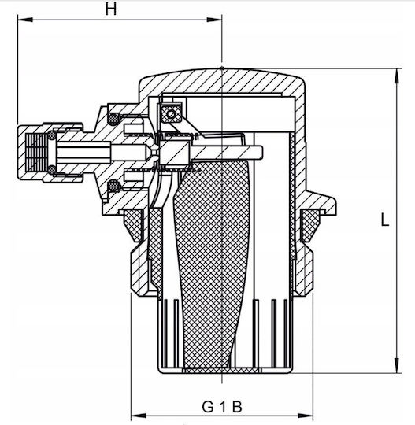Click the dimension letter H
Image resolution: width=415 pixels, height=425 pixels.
click(111, 9)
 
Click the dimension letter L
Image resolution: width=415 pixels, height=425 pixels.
click(385, 220)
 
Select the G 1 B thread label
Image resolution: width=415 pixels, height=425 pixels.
click(221, 407)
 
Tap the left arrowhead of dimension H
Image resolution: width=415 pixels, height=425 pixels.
click(25, 20)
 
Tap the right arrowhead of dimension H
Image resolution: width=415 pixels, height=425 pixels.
click(214, 20)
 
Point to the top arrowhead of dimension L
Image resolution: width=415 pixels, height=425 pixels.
click(397, 76)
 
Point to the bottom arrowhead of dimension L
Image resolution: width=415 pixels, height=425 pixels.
click(397, 365)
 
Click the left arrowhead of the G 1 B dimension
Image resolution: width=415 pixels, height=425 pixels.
click(139, 416)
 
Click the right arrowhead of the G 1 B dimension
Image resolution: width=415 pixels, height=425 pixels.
click(306, 416)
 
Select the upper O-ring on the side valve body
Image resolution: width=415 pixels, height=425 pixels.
click(113, 119)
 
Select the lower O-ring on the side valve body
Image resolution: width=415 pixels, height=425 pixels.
click(113, 187)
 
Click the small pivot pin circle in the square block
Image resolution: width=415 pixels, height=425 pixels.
click(171, 114)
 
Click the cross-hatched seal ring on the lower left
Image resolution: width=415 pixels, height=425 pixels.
click(134, 226)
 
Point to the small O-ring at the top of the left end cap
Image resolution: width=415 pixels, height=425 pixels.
click(52, 135)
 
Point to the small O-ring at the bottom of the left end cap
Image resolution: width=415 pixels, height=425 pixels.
click(52, 169)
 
